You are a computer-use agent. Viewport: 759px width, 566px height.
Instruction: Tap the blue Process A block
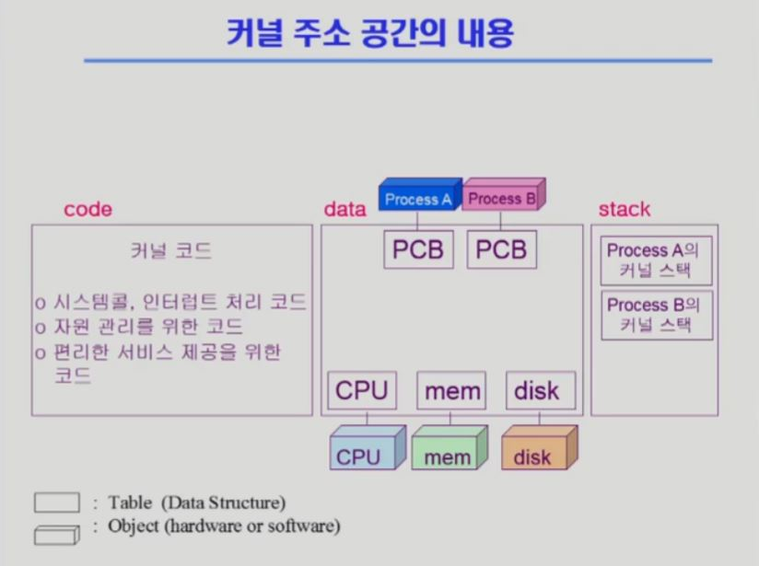[418, 198]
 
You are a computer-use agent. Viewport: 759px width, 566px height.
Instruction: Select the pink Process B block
[502, 197]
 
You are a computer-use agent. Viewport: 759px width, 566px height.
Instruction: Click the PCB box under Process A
[418, 249]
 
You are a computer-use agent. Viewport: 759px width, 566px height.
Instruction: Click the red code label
[88, 209]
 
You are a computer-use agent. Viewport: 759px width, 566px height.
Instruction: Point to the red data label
[344, 209]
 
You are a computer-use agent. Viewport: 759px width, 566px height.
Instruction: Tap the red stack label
[624, 209]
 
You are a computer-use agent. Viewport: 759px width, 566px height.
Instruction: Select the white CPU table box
[362, 390]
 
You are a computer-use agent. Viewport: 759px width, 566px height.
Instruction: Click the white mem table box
[450, 390]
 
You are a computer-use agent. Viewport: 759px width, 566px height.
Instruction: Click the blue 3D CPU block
[363, 451]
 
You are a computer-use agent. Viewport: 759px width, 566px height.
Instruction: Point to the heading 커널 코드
[171, 251]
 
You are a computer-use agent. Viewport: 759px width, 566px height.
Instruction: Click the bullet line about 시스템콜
[169, 302]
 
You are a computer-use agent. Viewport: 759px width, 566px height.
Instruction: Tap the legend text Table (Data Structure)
[196, 502]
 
